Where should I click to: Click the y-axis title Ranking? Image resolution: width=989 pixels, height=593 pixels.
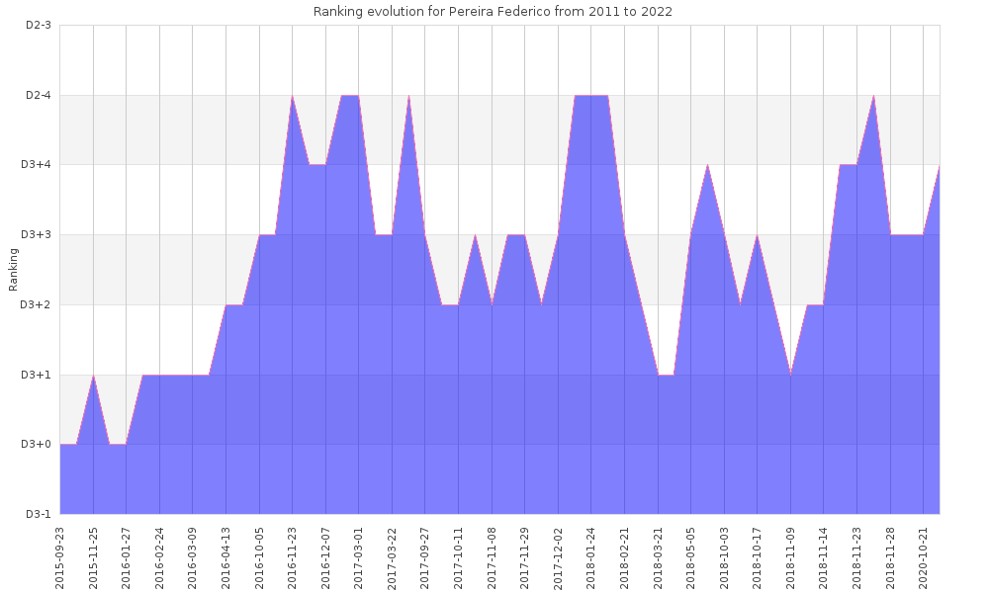[x=14, y=270]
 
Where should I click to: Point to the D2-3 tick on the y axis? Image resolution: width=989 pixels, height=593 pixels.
[x=38, y=25]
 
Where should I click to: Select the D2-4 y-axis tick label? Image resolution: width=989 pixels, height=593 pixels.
[x=38, y=95]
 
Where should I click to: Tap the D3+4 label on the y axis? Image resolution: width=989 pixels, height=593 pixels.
[x=37, y=165]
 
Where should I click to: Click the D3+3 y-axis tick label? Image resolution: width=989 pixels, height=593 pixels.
[x=37, y=235]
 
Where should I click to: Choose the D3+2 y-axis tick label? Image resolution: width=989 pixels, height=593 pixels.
[x=37, y=304]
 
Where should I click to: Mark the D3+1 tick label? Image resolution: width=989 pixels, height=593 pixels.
[x=37, y=375]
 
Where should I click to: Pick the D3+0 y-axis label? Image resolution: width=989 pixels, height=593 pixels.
[x=37, y=445]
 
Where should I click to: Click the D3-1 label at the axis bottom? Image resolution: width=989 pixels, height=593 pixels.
[x=38, y=514]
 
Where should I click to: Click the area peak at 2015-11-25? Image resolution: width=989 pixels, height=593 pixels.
[x=93, y=376]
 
